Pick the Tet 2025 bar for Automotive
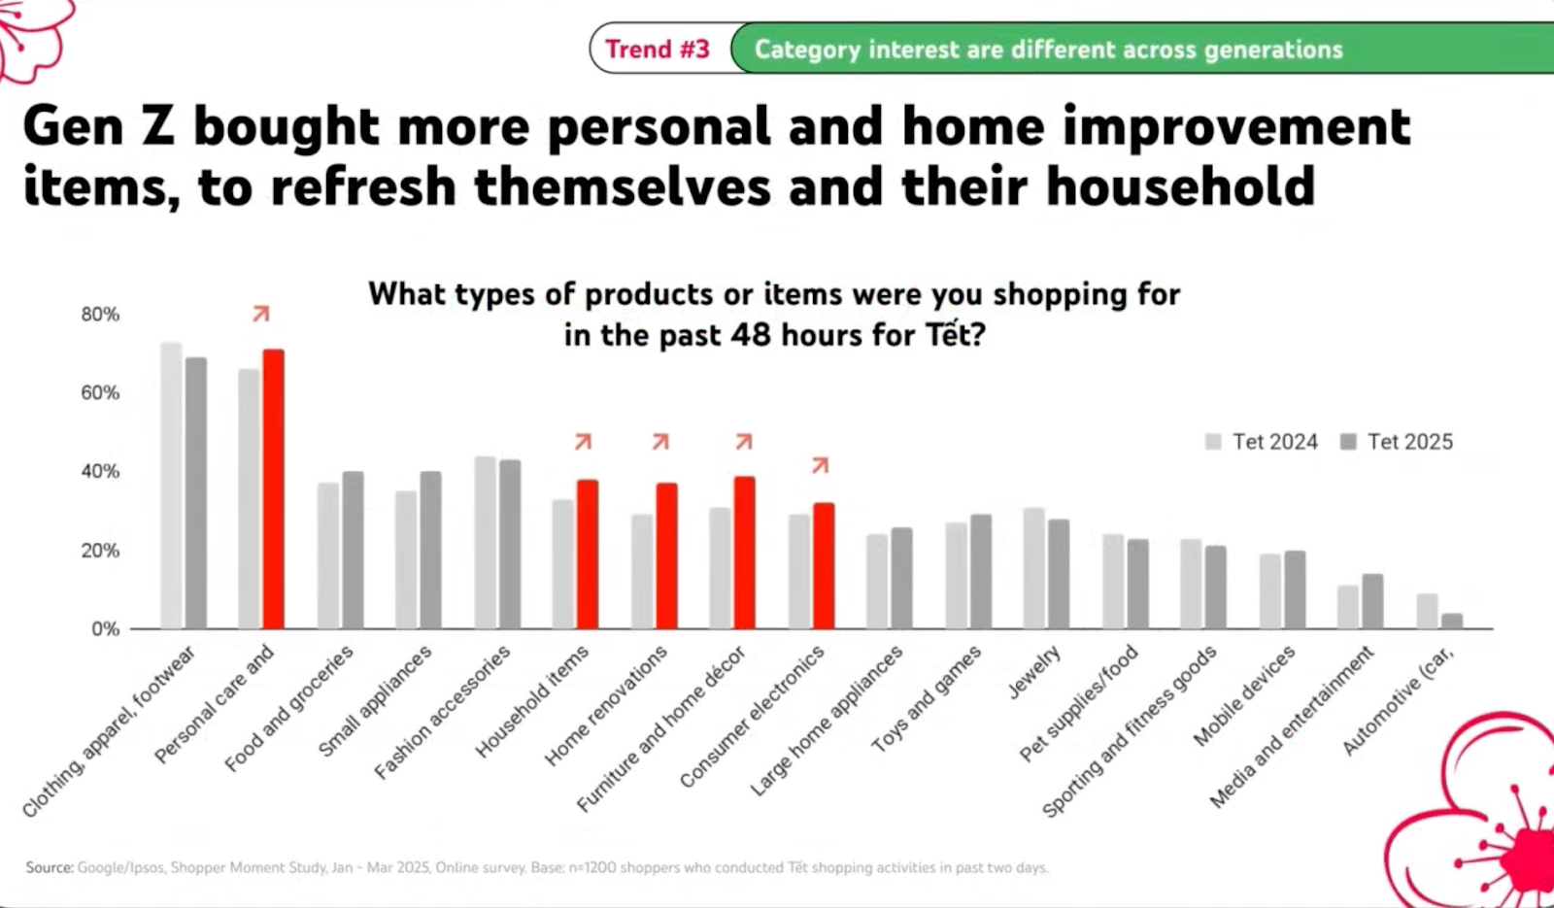tap(1452, 621)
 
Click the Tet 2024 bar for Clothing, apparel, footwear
tap(171, 485)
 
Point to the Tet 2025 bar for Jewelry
tap(1059, 574)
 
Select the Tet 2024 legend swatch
tap(1213, 442)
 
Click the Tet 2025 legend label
tap(1409, 442)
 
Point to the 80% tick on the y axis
tap(100, 315)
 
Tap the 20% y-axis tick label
tap(100, 551)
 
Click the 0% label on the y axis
tap(105, 629)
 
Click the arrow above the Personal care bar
tap(260, 314)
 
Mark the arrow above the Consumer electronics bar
tap(821, 466)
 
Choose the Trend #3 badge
tap(658, 49)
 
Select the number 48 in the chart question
tap(751, 335)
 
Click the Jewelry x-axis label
tap(1033, 673)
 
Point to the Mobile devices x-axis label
tap(1243, 696)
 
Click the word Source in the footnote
tap(50, 867)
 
